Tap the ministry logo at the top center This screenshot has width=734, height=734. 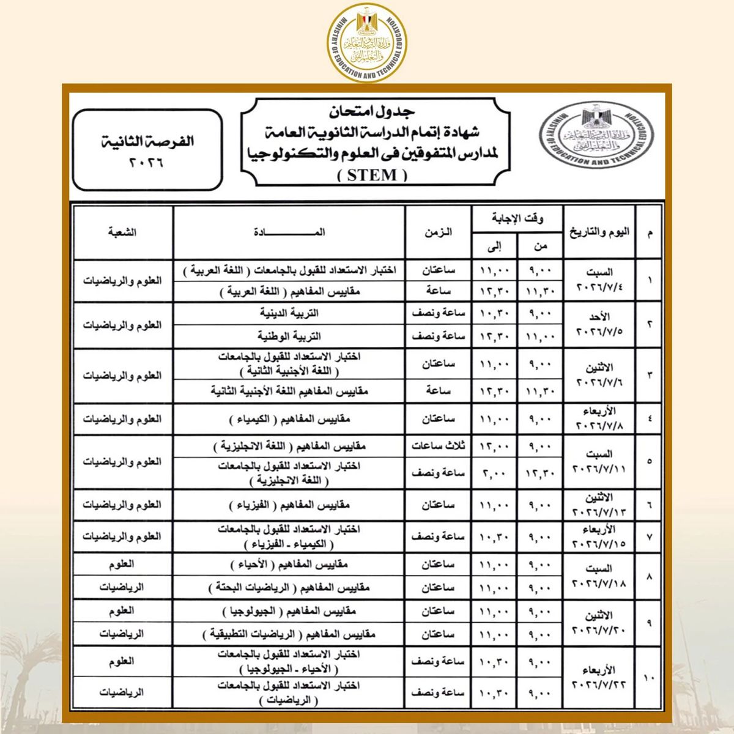coord(367,43)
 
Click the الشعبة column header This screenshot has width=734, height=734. coord(122,232)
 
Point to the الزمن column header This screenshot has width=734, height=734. coord(438,232)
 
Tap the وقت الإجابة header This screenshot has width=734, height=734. coord(517,218)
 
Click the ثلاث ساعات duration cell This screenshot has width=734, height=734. coord(438,446)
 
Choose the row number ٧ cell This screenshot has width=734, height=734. coord(649,536)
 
